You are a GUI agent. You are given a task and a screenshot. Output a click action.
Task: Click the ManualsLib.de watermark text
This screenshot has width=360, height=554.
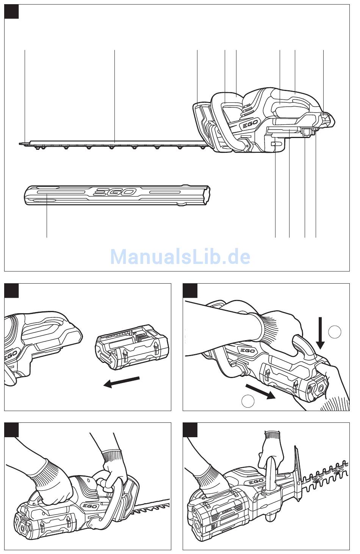pyautogui.click(x=180, y=257)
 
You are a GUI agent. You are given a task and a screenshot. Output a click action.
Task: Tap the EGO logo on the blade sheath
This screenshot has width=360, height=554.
pyautogui.click(x=115, y=192)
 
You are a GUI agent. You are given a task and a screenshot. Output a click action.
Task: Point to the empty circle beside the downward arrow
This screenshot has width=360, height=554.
pyautogui.click(x=335, y=332)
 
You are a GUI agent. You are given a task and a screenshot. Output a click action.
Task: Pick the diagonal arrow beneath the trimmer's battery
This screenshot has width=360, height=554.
pyautogui.click(x=260, y=391)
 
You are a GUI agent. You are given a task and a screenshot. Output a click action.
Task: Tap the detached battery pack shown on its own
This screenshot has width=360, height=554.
pyautogui.click(x=131, y=352)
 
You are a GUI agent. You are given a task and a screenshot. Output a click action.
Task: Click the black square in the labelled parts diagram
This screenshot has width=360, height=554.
pyautogui.click(x=11, y=11)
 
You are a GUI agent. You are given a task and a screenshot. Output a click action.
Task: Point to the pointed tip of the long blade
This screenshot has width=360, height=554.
pyautogui.click(x=20, y=143)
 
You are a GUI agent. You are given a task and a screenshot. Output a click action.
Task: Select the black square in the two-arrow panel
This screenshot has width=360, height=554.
pyautogui.click(x=190, y=290)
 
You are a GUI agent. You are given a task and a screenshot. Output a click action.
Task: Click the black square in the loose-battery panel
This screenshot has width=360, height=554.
pyautogui.click(x=11, y=290)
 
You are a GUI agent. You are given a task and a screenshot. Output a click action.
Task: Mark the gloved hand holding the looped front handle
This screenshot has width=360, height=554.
pyautogui.click(x=113, y=467)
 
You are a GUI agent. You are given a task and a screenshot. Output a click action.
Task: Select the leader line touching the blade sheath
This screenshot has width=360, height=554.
pyautogui.click(x=47, y=216)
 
